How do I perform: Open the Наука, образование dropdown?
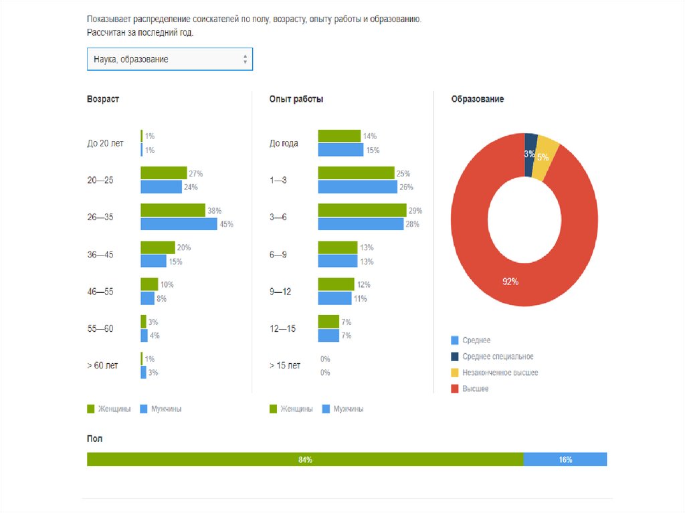coord(169,59)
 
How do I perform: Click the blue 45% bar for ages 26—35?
coord(179,224)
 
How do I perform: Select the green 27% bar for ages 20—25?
coord(163,173)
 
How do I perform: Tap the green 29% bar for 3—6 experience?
coord(361,210)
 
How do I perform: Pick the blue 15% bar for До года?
coord(340,150)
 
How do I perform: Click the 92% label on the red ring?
coord(510,282)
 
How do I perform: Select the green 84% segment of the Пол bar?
coord(305,459)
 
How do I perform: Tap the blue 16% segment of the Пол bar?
coord(565,459)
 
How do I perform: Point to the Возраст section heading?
coord(103,99)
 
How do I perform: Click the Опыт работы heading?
coord(296,99)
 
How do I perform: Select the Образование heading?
coord(478,99)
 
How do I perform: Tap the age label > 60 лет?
coord(102,365)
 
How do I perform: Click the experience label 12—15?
coord(282,328)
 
